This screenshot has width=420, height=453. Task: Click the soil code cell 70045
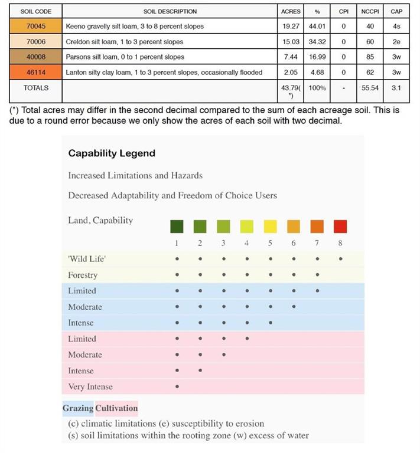pos(35,27)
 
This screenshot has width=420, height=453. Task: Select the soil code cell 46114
pos(35,73)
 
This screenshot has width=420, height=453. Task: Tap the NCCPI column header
pos(370,11)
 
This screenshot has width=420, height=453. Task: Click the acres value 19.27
pos(291,27)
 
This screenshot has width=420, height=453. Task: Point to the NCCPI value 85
pos(370,57)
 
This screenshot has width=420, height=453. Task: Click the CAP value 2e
pos(396,42)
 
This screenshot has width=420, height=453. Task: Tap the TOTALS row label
pos(35,88)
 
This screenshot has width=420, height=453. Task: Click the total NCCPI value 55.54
pos(370,88)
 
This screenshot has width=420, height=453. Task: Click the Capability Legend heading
pos(112,153)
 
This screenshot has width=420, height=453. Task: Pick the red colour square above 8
pos(340,226)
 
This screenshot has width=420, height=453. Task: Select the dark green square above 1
pos(177,226)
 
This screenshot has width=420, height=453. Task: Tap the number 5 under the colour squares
pos(270,243)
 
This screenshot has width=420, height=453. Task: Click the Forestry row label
pos(83,275)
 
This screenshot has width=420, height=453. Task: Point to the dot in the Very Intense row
pos(177,387)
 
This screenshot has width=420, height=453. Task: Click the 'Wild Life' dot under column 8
pos(341,259)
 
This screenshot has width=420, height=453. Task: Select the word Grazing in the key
pos(78,408)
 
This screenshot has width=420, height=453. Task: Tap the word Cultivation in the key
pos(116,408)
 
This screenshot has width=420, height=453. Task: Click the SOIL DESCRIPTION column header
pos(170,11)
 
